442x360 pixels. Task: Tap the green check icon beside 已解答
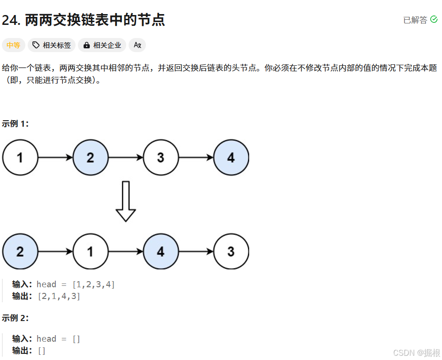(x=434, y=20)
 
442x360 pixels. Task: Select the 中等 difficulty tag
(x=13, y=45)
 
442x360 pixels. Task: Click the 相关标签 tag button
(x=52, y=45)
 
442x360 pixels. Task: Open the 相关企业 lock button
(x=102, y=45)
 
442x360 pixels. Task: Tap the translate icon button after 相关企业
(x=137, y=45)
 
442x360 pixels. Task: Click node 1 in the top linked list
(x=20, y=158)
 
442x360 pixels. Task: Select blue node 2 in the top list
(x=90, y=158)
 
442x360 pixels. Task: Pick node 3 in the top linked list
(x=160, y=158)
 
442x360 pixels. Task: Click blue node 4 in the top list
(x=231, y=158)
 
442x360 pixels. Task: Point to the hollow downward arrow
(x=125, y=201)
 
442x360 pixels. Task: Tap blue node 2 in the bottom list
(x=20, y=252)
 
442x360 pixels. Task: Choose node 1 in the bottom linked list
(x=90, y=252)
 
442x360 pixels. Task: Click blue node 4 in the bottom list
(x=160, y=252)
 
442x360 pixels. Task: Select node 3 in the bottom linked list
(x=231, y=252)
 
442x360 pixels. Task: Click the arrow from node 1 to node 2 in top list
(x=55, y=158)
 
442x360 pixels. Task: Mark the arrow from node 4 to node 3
(x=196, y=252)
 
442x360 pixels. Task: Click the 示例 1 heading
(x=15, y=123)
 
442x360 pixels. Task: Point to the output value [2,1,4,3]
(x=59, y=296)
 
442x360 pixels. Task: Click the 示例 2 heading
(x=15, y=318)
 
